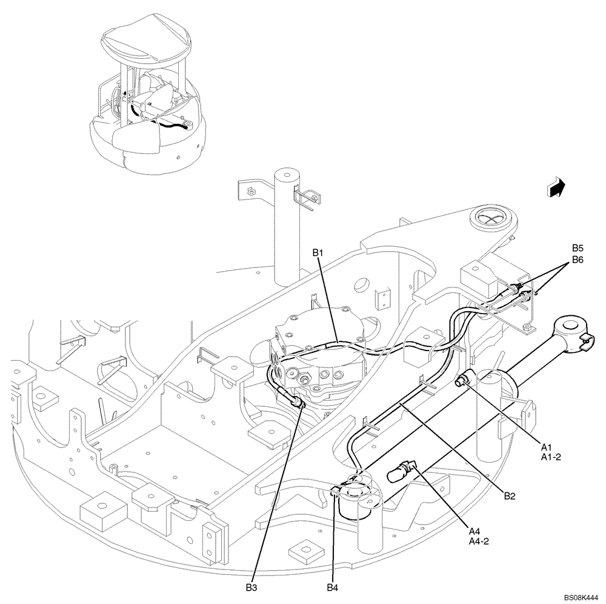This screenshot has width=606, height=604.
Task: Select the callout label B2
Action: pyautogui.click(x=509, y=495)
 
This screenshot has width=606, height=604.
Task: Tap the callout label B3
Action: pyautogui.click(x=251, y=586)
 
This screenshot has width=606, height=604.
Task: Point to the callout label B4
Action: pyautogui.click(x=332, y=586)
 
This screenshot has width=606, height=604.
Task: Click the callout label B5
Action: pyautogui.click(x=578, y=248)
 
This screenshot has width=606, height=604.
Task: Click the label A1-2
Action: pyautogui.click(x=551, y=457)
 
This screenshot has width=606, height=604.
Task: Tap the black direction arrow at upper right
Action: pyautogui.click(x=555, y=187)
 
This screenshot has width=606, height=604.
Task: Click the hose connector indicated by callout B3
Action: pyautogui.click(x=296, y=401)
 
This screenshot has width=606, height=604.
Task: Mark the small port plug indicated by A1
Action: pyautogui.click(x=463, y=381)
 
